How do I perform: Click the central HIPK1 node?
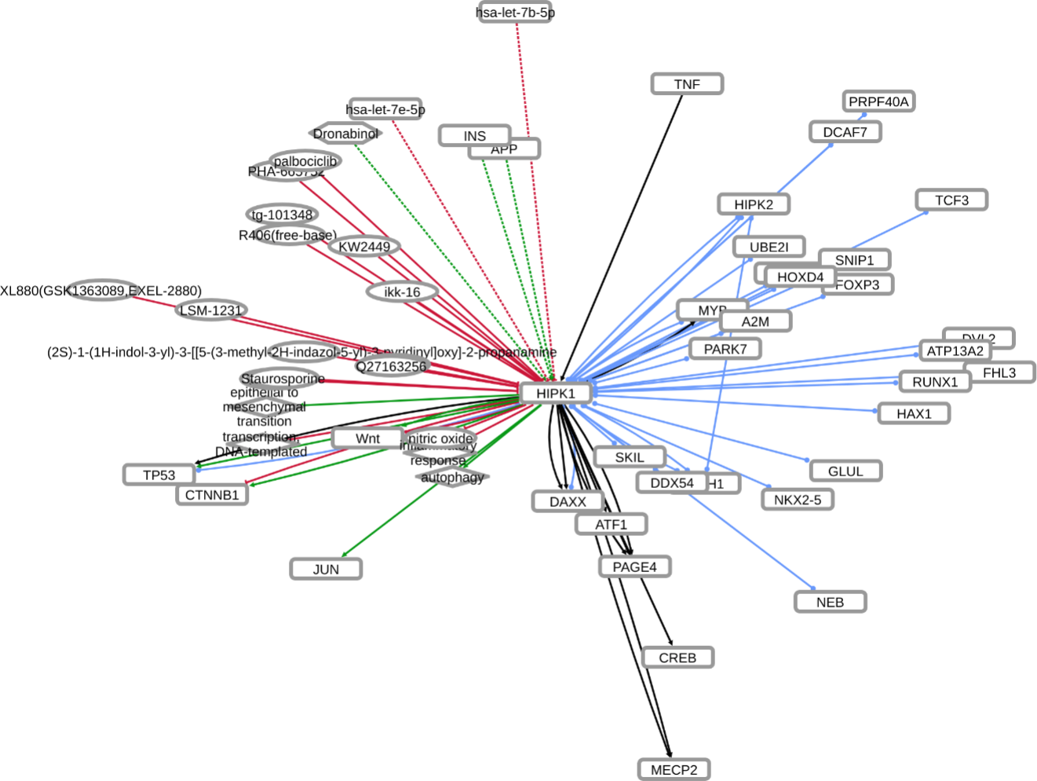[555, 393]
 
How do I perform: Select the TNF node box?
[687, 84]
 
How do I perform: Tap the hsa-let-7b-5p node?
[515, 13]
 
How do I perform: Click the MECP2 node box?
[674, 769]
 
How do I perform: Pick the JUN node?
[326, 569]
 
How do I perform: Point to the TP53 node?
[159, 475]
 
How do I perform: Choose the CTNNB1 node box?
[212, 494]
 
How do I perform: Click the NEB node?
[830, 602]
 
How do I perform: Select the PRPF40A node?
[878, 101]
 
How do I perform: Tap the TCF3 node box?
[951, 200]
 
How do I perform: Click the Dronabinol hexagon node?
[345, 134]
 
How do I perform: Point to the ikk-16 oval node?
[402, 292]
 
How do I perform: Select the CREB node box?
[677, 658]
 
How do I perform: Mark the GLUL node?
[845, 471]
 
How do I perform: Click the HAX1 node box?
[914, 413]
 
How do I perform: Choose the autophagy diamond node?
[452, 477]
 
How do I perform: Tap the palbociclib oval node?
[305, 161]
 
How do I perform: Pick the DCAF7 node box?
[845, 132]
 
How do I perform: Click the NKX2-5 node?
[798, 499]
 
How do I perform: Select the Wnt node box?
[367, 438]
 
